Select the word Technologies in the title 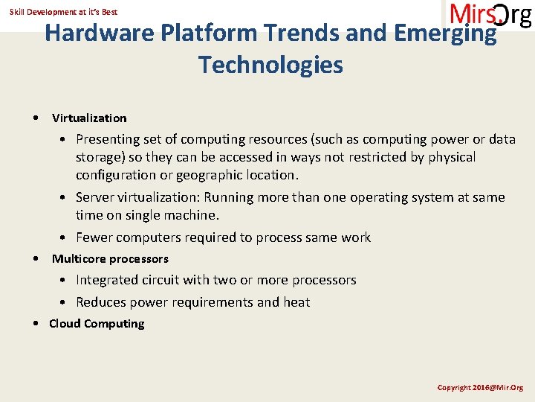pyautogui.click(x=270, y=66)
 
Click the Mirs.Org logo pyautogui.click(x=490, y=15)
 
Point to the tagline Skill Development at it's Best pyautogui.click(x=63, y=12)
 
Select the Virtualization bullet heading pyautogui.click(x=89, y=118)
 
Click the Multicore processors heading pyautogui.click(x=110, y=258)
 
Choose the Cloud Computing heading pyautogui.click(x=97, y=323)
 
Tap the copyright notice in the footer pyautogui.click(x=480, y=387)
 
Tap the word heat pyautogui.click(x=296, y=302)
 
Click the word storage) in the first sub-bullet pyautogui.click(x=100, y=157)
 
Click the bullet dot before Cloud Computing pyautogui.click(x=37, y=324)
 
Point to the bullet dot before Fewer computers pyautogui.click(x=65, y=238)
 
